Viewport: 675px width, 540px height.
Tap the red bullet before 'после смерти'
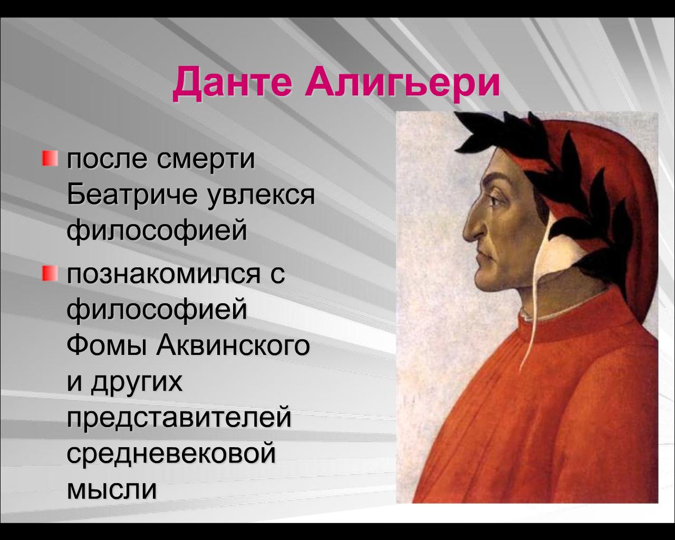click(50, 158)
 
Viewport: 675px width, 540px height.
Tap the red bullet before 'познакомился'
click(50, 274)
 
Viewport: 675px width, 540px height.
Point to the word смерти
click(206, 160)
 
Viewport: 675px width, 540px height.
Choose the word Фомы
click(106, 346)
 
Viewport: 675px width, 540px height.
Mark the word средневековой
click(171, 454)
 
